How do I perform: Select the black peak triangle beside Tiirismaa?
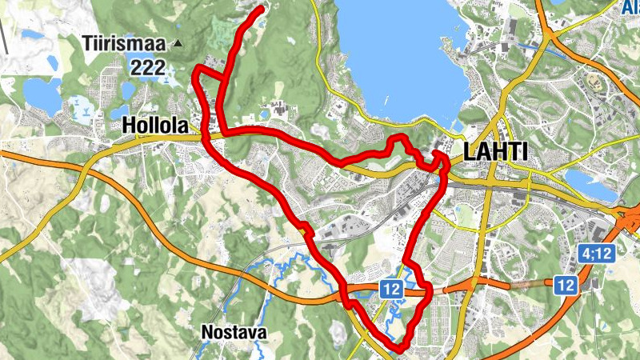click(178, 43)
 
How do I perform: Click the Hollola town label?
click(155, 126)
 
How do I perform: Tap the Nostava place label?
click(234, 332)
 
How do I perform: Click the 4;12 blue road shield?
click(597, 254)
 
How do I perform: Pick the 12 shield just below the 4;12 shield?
click(566, 284)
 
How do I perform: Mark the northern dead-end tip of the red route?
click(262, 9)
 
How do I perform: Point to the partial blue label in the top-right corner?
click(630, 8)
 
